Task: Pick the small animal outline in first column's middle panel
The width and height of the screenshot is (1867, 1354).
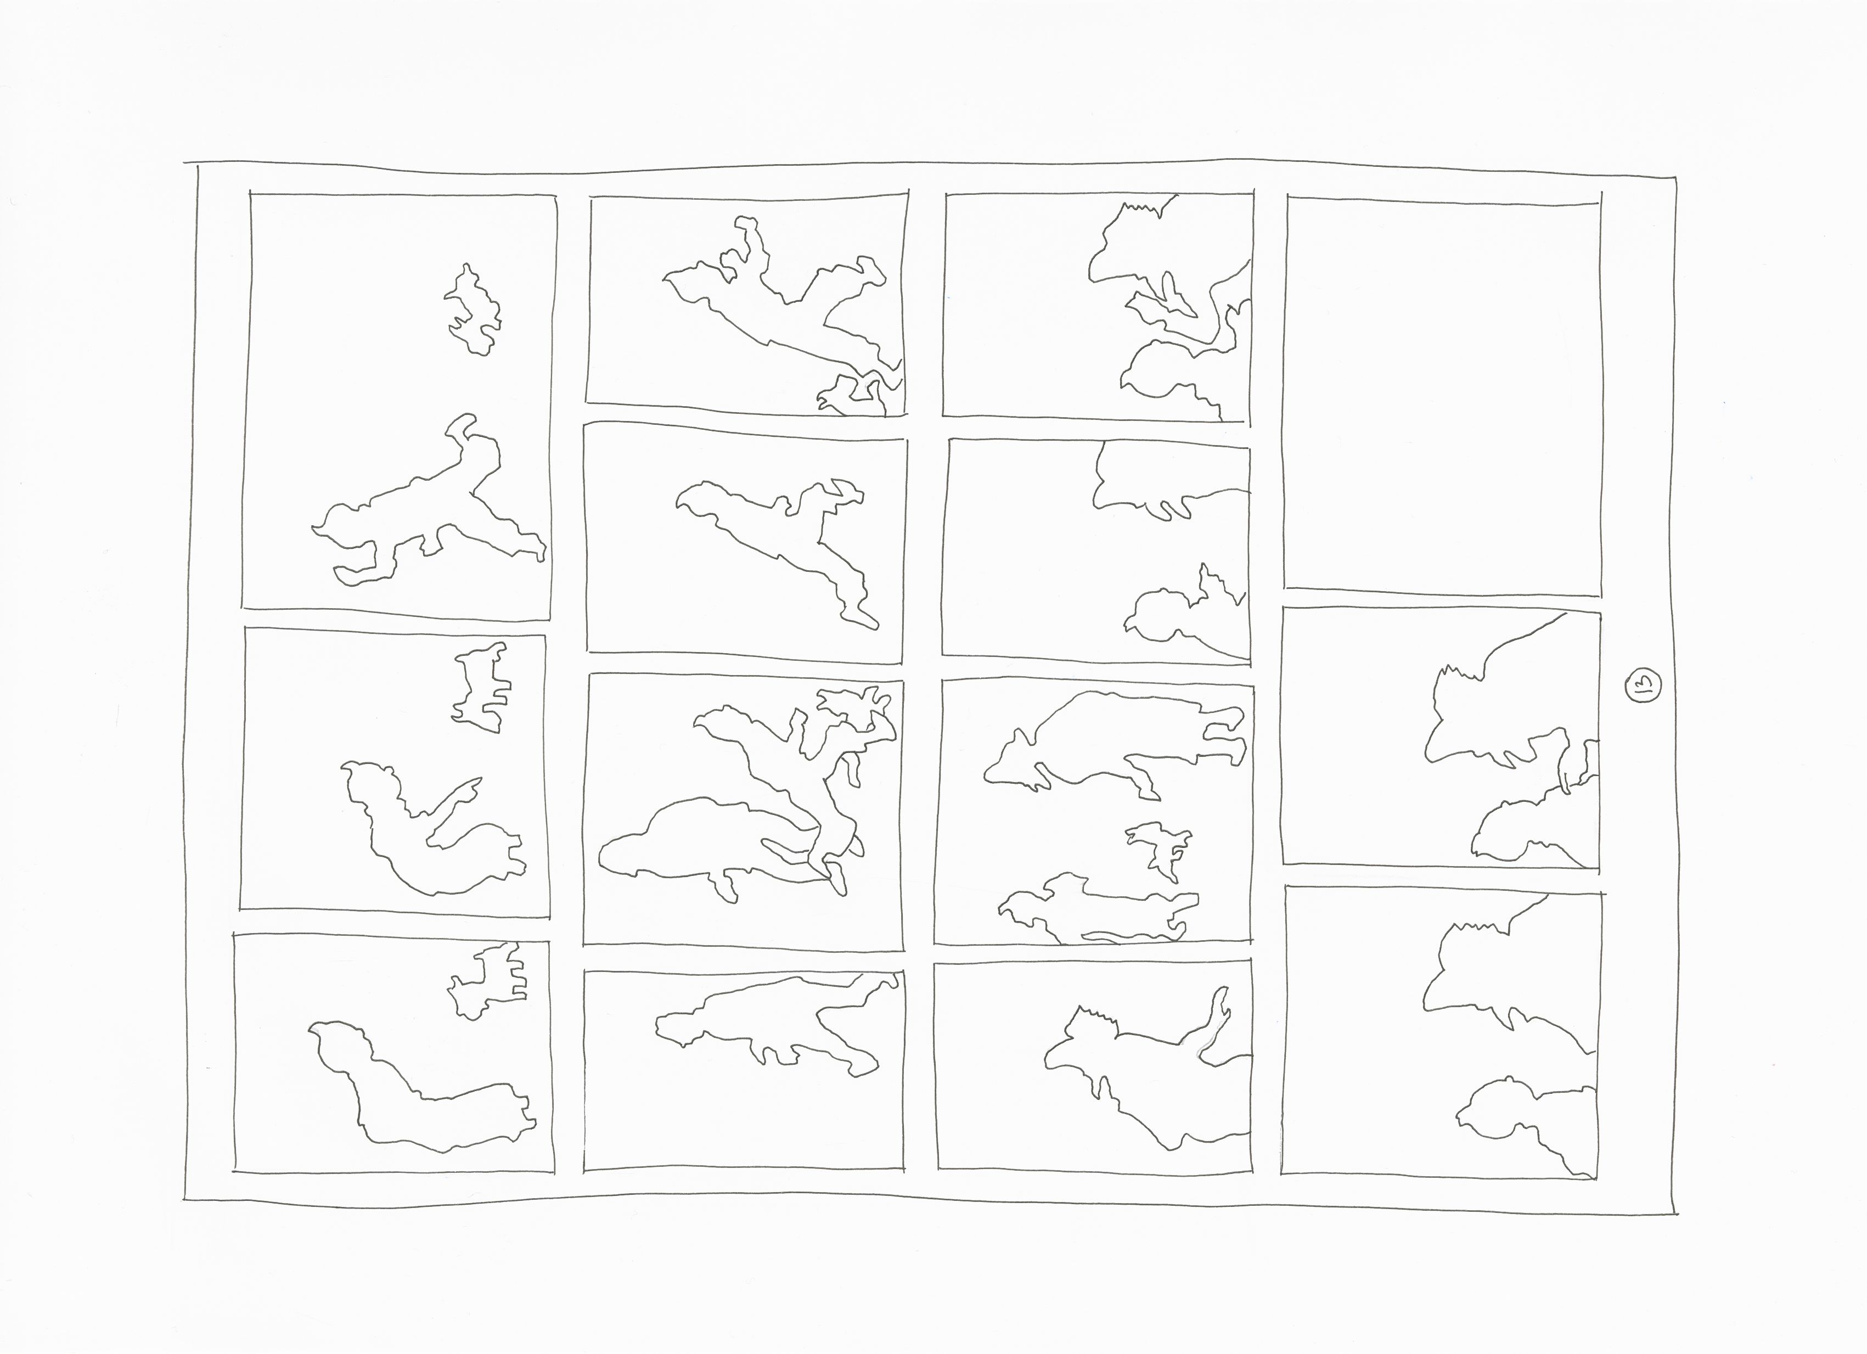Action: tap(480, 687)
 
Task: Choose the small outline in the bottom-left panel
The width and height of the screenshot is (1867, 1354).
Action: tap(486, 980)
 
